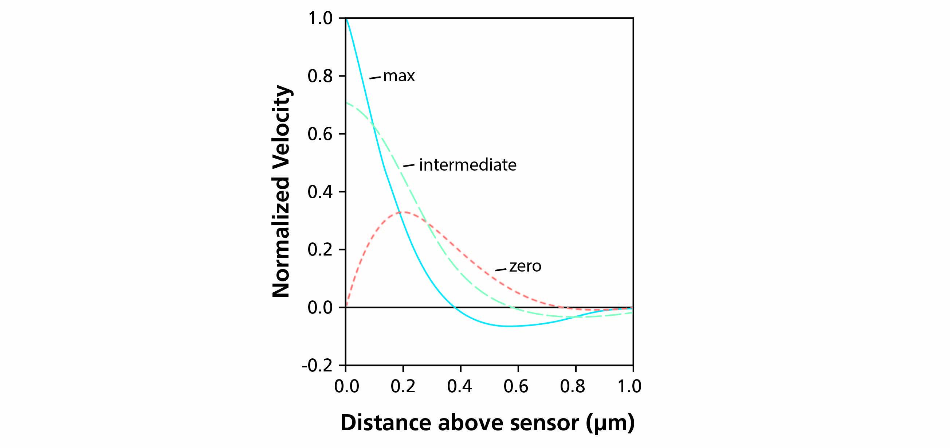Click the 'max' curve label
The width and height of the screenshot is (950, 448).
399,76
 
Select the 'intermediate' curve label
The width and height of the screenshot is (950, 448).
467,165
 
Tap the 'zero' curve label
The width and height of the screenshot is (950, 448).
525,266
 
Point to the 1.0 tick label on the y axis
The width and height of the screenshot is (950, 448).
320,19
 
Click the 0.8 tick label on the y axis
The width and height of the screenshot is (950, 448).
320,76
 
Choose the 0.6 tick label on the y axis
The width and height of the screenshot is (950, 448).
320,134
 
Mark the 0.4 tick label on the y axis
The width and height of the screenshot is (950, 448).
320,192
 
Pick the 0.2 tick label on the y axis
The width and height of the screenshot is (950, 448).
320,250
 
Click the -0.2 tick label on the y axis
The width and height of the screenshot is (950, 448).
317,366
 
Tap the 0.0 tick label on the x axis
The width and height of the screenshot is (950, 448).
346,386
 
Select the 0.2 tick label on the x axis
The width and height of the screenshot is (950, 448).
403,386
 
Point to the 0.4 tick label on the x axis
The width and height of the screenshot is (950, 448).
460,386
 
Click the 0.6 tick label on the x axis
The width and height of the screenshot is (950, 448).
516,386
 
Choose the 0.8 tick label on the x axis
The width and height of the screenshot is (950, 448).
573,386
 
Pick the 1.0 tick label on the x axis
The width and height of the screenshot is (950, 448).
629,386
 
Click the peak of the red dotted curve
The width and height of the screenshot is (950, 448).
405,212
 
